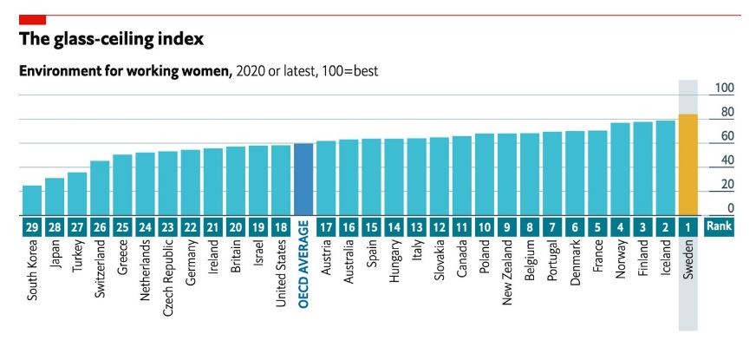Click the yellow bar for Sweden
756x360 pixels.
point(688,165)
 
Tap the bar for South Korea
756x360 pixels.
point(32,200)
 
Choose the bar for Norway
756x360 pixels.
point(620,169)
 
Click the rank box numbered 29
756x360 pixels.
point(32,227)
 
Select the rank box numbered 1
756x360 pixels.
point(688,227)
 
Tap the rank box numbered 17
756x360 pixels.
point(326,227)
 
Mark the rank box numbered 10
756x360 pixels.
point(485,227)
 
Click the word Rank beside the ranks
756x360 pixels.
point(719,227)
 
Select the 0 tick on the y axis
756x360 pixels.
point(730,208)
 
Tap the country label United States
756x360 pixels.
point(281,270)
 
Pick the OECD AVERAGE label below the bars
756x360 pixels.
point(303,272)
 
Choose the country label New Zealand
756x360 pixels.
point(507,272)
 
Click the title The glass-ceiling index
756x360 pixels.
point(110,39)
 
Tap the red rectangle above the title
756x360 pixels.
point(32,19)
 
